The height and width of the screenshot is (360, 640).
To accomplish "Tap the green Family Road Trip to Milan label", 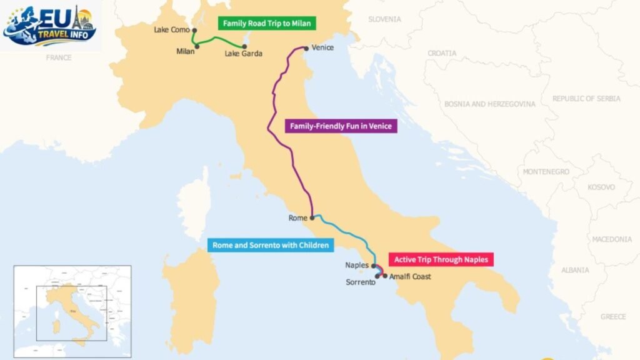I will (x=267, y=24).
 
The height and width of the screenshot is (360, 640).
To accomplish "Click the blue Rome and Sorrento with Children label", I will (x=270, y=246).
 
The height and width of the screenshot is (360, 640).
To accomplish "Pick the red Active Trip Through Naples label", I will (x=441, y=259).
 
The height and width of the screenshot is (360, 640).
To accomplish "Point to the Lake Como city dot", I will (x=195, y=29).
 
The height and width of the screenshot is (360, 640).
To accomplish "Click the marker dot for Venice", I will (x=306, y=47).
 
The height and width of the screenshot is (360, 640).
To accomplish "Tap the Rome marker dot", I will (x=312, y=218).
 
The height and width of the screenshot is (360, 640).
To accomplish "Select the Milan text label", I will (x=186, y=51).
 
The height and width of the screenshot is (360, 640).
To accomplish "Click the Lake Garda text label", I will (x=244, y=54).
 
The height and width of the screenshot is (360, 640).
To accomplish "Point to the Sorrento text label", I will (x=361, y=282).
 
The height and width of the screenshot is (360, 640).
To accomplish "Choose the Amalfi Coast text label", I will (x=410, y=277).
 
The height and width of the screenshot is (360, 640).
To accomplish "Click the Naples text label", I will (x=357, y=265).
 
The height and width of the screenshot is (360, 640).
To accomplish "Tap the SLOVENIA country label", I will (x=384, y=19).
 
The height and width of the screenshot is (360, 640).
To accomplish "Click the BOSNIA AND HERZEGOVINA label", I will (x=489, y=104).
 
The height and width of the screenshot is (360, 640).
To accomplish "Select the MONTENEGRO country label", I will (x=546, y=171).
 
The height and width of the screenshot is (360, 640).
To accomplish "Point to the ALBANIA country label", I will (x=574, y=270).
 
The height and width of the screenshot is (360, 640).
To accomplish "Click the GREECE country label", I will (x=612, y=317).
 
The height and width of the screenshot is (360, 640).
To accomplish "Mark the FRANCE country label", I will (x=59, y=57).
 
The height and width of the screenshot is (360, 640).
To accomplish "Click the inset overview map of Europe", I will (x=72, y=311).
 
